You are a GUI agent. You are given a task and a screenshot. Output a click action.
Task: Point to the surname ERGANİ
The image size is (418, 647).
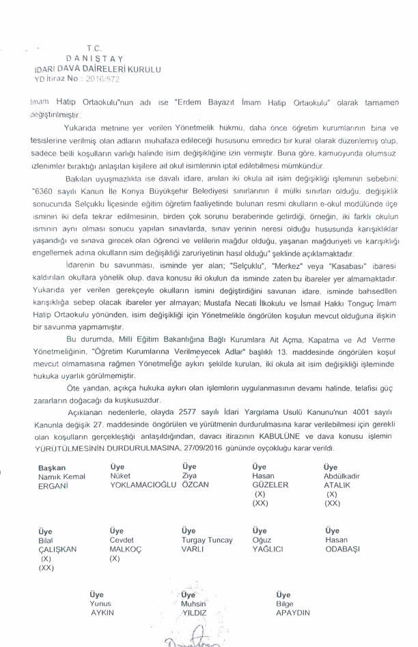tap(54, 485)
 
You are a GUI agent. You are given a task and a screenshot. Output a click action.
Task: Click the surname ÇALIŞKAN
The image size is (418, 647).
tap(59, 549)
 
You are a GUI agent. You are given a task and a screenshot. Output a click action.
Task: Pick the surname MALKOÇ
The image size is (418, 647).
tap(126, 549)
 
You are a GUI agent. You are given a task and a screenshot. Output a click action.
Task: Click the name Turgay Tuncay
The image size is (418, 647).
tap(207, 540)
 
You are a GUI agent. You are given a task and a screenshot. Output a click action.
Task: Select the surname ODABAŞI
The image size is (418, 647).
tap(341, 549)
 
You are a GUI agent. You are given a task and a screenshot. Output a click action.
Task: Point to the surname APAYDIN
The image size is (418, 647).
tap(293, 613)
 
